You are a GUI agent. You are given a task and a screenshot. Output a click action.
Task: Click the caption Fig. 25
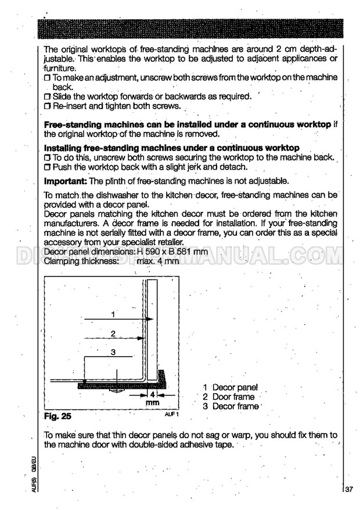click(58, 416)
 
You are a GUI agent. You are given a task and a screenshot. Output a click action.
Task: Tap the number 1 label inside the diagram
click(113, 314)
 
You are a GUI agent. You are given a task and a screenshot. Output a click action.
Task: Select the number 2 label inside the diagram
click(113, 333)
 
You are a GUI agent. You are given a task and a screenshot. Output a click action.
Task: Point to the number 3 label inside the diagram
click(113, 353)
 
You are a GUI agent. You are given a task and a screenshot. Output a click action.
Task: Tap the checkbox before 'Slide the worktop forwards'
click(48, 96)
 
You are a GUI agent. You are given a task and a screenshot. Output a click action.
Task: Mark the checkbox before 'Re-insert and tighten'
click(48, 107)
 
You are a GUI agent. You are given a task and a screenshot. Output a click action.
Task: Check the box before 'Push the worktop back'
click(48, 167)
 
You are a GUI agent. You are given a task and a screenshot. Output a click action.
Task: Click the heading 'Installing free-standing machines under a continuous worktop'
click(172, 148)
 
